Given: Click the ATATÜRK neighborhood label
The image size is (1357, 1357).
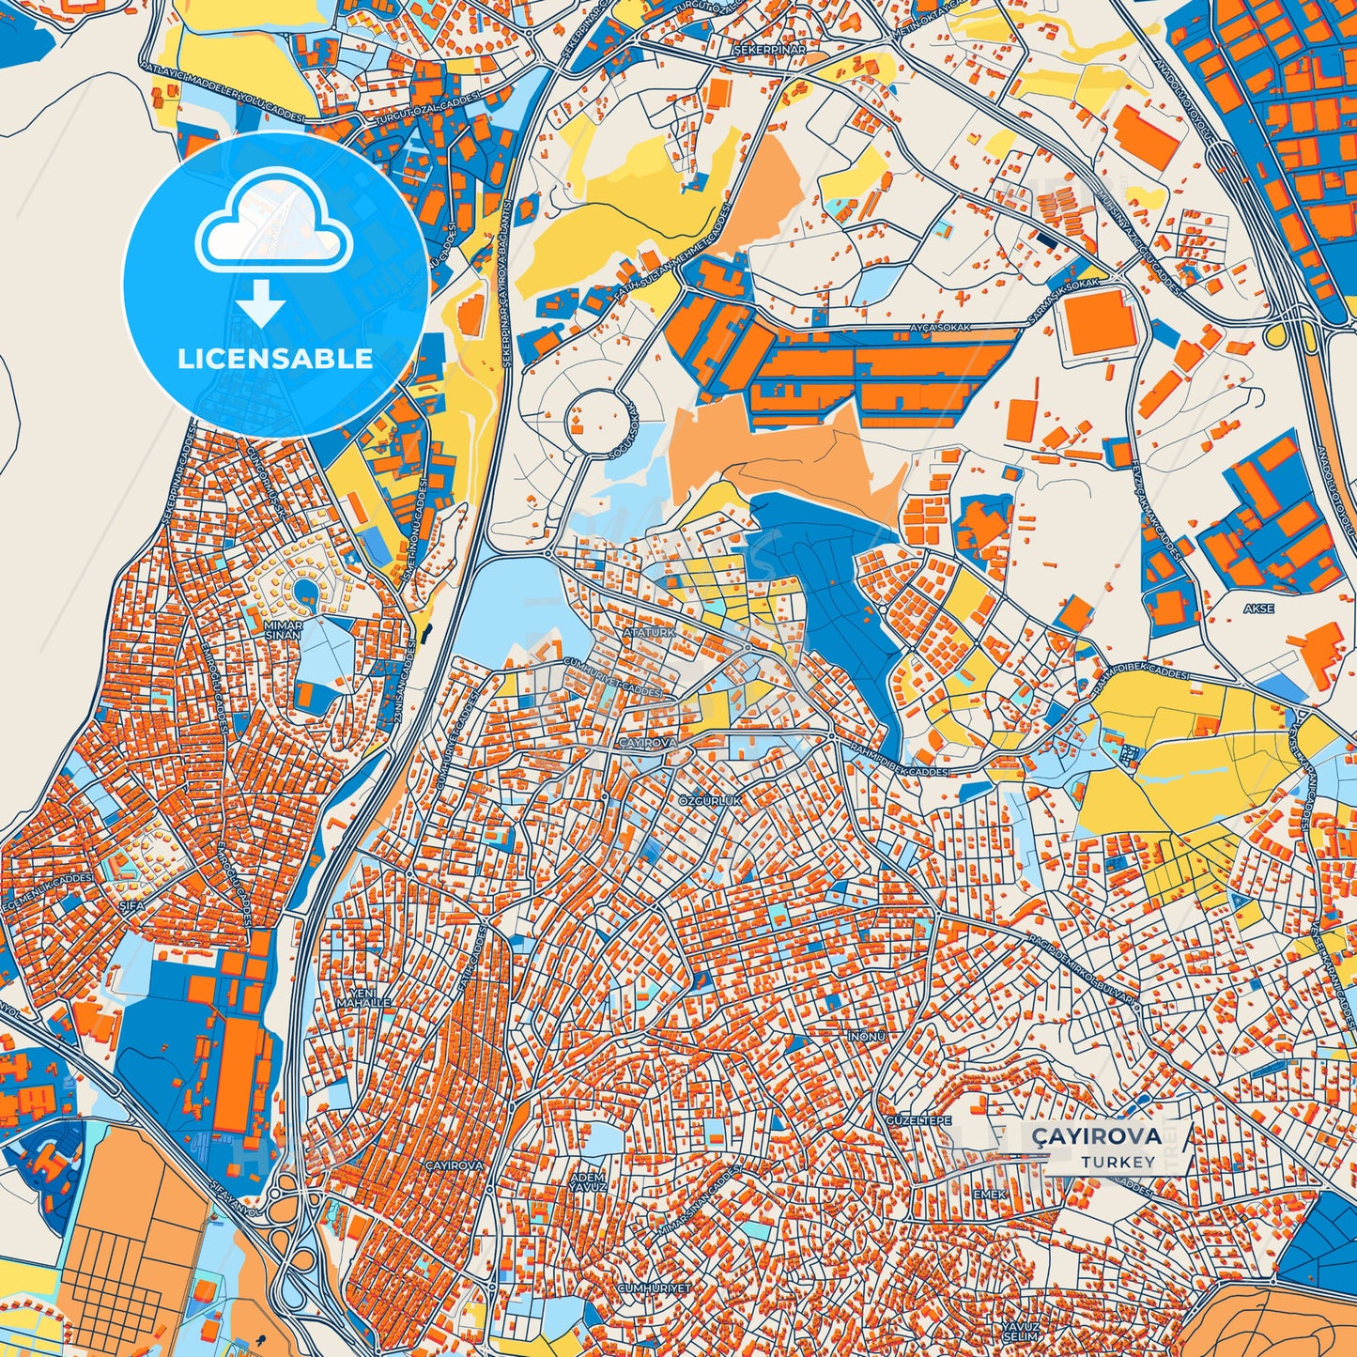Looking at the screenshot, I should pos(648,633).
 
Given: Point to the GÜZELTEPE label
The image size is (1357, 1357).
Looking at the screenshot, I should pos(918,1121).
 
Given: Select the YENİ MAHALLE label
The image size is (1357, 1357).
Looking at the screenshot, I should pos(368,997).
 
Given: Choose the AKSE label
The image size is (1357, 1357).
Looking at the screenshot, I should pos(1258,609).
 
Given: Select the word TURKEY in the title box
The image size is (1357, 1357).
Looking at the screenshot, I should pos(1118,1162).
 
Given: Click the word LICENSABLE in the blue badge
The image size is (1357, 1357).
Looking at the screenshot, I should pos(275,359).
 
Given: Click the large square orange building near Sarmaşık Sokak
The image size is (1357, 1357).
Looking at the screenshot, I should pos(1096,322).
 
